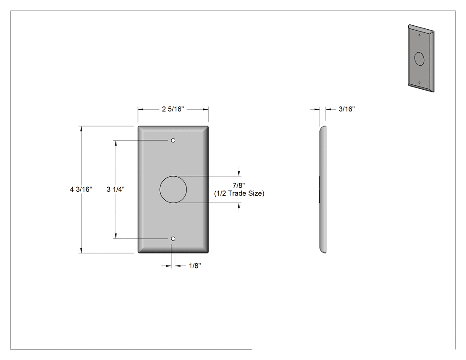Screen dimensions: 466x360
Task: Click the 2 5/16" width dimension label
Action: (x=173, y=109)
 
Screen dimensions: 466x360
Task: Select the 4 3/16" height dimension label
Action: (x=81, y=190)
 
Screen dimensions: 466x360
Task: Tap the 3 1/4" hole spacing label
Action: (x=115, y=190)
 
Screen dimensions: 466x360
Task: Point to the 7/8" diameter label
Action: (x=239, y=186)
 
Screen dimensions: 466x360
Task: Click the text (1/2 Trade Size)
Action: (x=239, y=194)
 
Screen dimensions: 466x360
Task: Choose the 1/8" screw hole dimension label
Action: (x=195, y=266)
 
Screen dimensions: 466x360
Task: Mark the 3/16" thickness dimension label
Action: (x=347, y=109)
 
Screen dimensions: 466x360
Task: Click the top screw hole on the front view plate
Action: (x=173, y=140)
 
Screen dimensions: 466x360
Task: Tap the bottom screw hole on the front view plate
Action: (x=173, y=239)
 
